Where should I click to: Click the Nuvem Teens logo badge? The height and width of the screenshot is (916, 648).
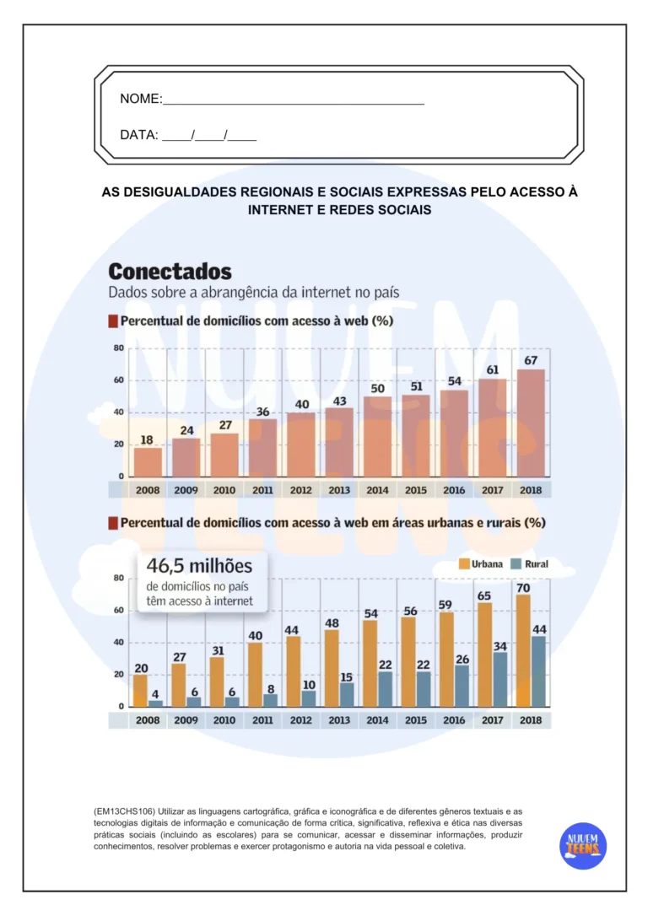click(582, 845)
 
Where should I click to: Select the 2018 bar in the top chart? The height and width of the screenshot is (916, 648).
click(531, 423)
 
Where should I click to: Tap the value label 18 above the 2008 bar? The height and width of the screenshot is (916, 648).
click(147, 439)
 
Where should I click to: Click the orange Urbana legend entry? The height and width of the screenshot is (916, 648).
click(481, 563)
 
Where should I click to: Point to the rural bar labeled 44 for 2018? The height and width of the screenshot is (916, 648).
click(538, 671)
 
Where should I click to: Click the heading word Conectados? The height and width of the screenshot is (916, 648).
click(170, 272)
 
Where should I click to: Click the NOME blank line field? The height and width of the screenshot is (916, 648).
click(293, 100)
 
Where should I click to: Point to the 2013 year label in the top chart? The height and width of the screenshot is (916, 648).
click(339, 489)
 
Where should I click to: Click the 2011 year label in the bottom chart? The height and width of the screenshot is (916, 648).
click(262, 720)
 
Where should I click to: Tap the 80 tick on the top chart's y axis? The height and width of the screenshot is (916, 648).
click(118, 348)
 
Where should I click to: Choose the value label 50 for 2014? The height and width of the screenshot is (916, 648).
click(377, 388)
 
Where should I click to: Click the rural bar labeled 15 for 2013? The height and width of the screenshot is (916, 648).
click(347, 694)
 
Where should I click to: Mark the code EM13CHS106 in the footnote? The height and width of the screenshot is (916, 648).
click(125, 811)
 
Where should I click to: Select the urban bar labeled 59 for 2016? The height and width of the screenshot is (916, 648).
click(446, 659)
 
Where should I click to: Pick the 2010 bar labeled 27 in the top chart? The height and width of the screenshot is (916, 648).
click(224, 455)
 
